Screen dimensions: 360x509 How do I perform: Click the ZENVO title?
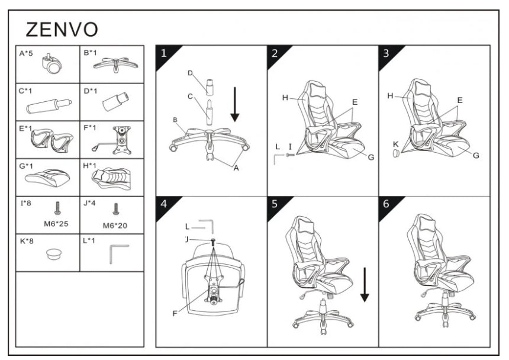[62, 29]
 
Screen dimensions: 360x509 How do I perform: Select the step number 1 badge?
[164, 53]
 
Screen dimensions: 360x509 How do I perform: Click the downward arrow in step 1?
[235, 104]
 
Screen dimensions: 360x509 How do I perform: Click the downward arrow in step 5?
[365, 285]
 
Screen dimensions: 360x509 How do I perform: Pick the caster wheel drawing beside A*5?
[52, 64]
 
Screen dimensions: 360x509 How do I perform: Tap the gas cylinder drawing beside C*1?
[47, 105]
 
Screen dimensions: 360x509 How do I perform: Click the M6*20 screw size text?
[115, 224]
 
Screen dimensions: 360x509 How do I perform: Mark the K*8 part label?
[26, 240]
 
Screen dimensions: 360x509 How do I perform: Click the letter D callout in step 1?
[190, 73]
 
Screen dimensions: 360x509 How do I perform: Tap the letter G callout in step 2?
[371, 157]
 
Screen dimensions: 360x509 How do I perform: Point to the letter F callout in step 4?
[175, 313]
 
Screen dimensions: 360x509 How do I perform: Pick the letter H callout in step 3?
[390, 95]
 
